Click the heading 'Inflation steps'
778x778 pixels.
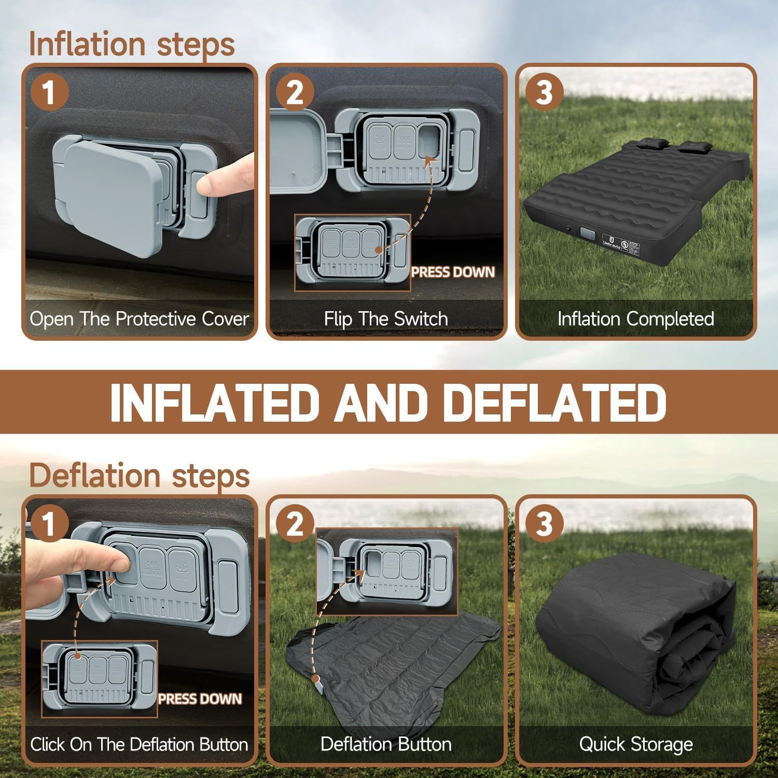click(x=132, y=44)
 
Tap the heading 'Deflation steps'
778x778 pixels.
click(x=139, y=475)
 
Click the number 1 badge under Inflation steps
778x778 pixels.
click(x=49, y=93)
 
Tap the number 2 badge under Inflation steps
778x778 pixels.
click(x=295, y=93)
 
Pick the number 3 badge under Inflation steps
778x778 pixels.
click(x=544, y=93)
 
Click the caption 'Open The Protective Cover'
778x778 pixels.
click(x=139, y=318)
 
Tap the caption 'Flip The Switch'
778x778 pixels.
click(x=386, y=318)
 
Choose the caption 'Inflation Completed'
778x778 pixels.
click(x=636, y=318)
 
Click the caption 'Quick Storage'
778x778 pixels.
click(x=636, y=744)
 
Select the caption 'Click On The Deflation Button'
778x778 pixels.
click(x=139, y=744)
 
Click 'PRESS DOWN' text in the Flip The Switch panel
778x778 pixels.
click(x=453, y=272)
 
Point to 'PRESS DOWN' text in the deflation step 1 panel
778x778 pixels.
click(x=200, y=699)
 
